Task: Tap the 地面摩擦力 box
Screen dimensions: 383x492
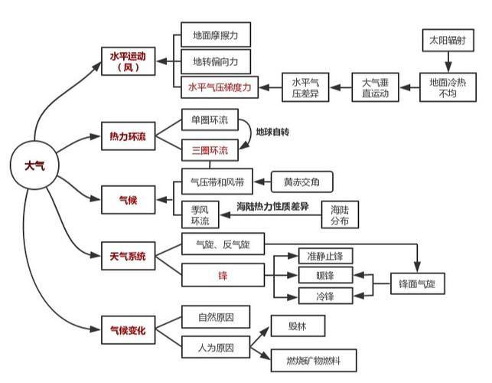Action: tap(216, 34)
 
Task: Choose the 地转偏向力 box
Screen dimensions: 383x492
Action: tap(216, 61)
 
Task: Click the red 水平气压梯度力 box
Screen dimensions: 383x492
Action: tap(220, 87)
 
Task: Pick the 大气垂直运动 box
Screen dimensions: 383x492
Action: tap(375, 87)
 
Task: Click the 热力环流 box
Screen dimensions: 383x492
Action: tap(129, 136)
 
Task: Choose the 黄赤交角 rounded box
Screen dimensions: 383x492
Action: tap(301, 182)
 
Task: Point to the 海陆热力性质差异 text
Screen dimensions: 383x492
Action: tap(272, 207)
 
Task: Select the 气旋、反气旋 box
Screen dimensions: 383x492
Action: tap(223, 244)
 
